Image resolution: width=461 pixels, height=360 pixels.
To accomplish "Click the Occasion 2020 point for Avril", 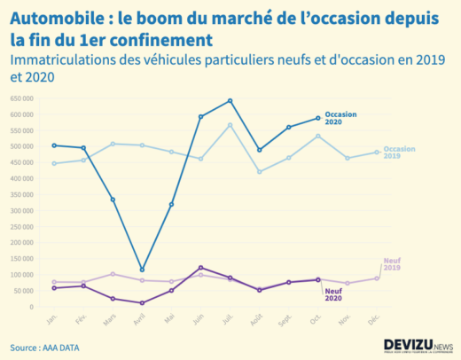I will pyautogui.click(x=142, y=270).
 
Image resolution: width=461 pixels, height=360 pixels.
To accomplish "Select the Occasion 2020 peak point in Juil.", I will pyautogui.click(x=230, y=100).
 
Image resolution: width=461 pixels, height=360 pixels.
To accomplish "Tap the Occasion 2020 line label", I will pyautogui.click(x=341, y=118).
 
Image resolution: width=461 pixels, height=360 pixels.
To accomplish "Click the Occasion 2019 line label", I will pyautogui.click(x=400, y=153).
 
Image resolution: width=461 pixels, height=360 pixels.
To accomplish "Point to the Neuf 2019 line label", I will pyautogui.click(x=391, y=263).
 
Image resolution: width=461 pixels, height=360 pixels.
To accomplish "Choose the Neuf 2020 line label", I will pyautogui.click(x=333, y=295).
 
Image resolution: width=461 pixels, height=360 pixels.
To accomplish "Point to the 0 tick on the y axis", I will pyautogui.click(x=29, y=307).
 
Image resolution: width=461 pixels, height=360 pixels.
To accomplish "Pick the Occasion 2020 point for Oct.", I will pyautogui.click(x=318, y=118).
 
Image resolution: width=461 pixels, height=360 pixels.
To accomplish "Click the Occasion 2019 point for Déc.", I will pyautogui.click(x=377, y=153).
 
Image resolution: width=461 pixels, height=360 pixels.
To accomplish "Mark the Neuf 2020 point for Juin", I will pyautogui.click(x=201, y=267).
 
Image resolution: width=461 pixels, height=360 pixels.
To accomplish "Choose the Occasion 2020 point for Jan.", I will pyautogui.click(x=54, y=145).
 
